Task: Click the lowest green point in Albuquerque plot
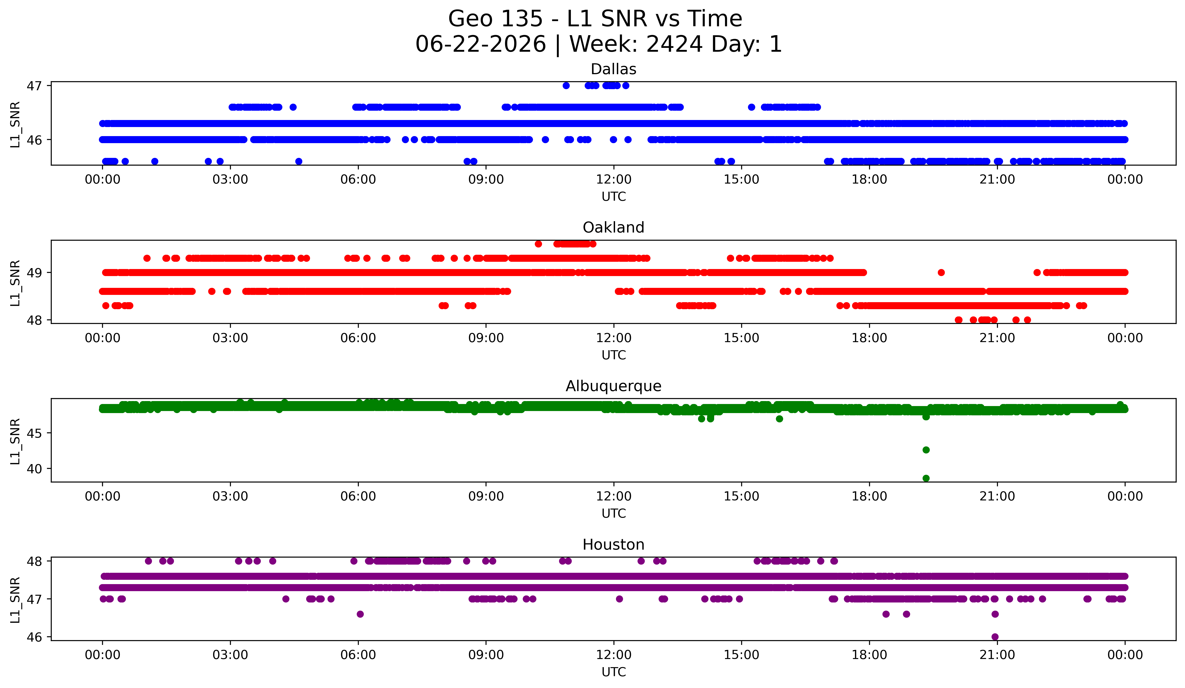(926, 478)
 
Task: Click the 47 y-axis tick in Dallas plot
(34, 86)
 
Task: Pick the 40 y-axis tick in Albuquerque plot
(34, 469)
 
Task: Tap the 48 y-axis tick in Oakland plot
(34, 320)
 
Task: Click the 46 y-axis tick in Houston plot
(34, 637)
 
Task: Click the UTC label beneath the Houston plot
(614, 672)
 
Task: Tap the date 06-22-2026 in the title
(481, 44)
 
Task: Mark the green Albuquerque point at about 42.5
(926, 450)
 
